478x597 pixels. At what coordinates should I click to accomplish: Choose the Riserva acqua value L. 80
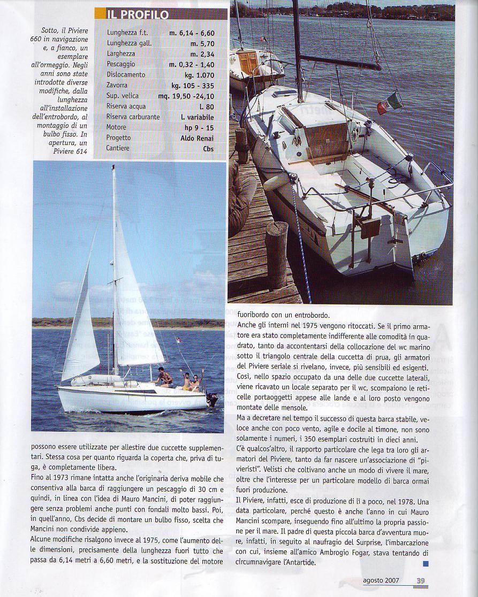205,106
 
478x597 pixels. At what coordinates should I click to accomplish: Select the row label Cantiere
118,148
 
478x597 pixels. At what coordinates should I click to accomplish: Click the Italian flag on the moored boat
390,102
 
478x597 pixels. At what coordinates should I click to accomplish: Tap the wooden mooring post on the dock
276,255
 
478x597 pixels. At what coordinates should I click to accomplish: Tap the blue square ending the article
426,563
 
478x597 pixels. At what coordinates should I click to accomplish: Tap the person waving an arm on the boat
196,380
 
